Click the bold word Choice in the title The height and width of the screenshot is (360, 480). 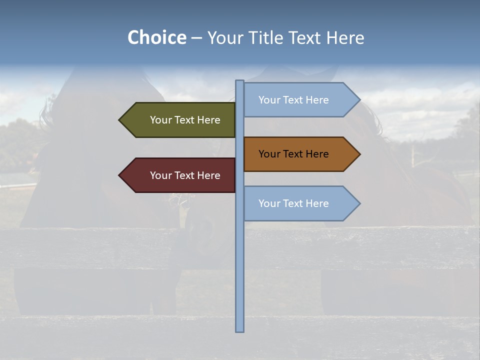pos(156,37)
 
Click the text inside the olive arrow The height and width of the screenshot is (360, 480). pos(185,120)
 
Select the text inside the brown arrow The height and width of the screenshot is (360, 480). pos(293,154)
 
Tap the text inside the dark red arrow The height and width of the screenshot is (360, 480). pos(185,175)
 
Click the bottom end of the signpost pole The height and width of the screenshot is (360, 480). pos(239,329)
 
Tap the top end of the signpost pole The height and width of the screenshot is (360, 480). pos(239,82)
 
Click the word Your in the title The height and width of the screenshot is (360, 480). pos(224,37)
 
